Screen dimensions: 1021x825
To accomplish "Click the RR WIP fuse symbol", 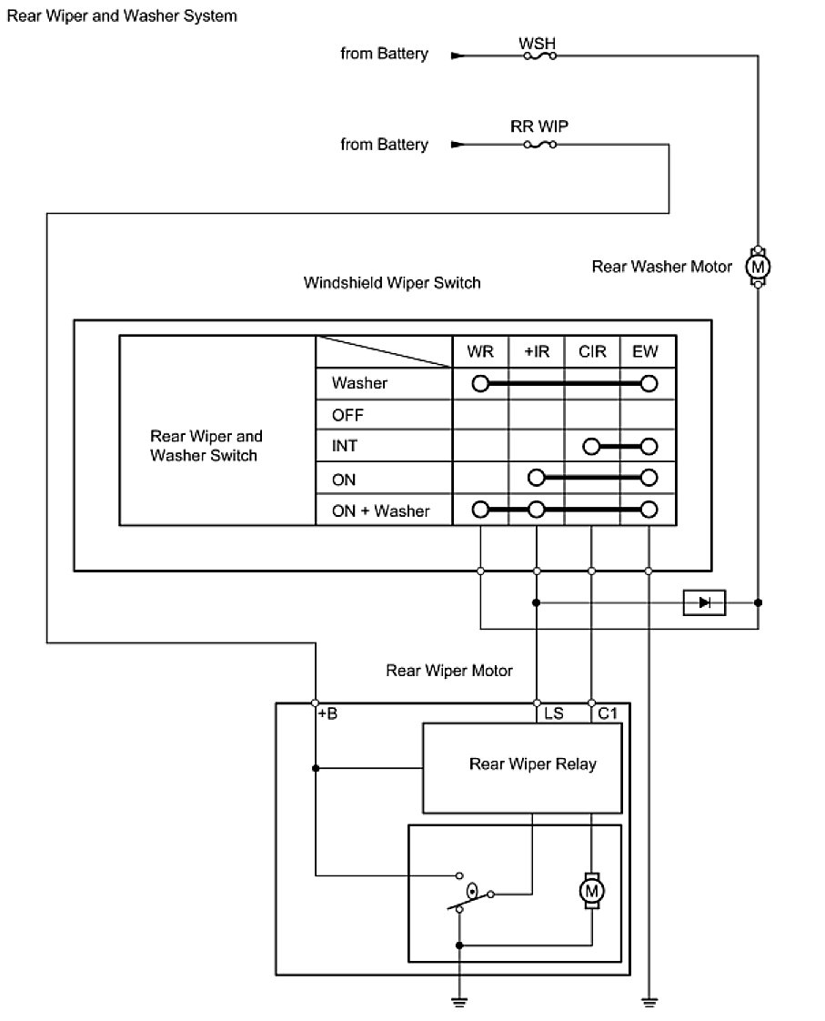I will [x=539, y=145].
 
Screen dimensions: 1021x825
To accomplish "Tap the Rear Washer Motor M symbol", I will [x=758, y=266].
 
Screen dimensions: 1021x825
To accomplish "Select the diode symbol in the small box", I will [x=704, y=602].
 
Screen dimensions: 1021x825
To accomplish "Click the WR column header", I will [x=480, y=351].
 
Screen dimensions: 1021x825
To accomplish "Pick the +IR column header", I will [x=537, y=351].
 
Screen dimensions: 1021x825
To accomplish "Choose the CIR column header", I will [x=592, y=351].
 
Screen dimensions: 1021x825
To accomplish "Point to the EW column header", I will [x=647, y=351].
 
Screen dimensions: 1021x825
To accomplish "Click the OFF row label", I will [x=347, y=415].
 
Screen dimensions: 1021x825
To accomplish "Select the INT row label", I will [x=344, y=447].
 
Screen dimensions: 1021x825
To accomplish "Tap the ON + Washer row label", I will [x=380, y=510].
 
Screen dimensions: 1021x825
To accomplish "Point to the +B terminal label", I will [x=327, y=714].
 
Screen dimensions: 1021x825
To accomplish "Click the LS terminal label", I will [x=553, y=714].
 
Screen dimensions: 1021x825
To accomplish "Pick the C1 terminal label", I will [x=608, y=714].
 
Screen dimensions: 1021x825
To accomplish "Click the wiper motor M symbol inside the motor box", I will [x=592, y=888].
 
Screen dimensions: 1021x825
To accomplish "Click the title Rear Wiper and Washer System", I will [x=122, y=16].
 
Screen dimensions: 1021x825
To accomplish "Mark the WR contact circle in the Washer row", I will [x=480, y=383].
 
